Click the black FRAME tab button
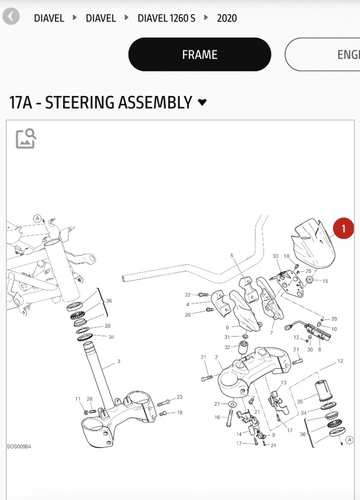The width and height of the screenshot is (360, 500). click(199, 54)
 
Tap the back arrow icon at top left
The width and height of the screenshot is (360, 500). click(11, 16)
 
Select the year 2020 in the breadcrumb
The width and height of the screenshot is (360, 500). click(226, 18)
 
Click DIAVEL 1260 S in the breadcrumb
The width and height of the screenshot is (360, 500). click(166, 18)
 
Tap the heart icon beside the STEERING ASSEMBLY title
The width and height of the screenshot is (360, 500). click(202, 102)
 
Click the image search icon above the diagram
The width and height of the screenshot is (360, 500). click(26, 138)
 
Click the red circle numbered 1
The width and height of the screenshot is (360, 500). click(343, 229)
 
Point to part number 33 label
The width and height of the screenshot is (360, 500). click(275, 256)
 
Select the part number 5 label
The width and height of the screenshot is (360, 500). click(232, 256)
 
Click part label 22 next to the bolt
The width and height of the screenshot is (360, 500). click(187, 294)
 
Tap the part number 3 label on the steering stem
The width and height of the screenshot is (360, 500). click(118, 361)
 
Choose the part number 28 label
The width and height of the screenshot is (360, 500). click(107, 326)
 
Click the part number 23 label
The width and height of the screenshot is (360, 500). click(179, 397)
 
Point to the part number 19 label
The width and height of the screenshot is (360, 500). click(179, 412)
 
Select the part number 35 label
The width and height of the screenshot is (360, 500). click(300, 401)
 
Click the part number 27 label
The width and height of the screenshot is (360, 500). click(217, 403)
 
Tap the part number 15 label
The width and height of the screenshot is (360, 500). click(325, 281)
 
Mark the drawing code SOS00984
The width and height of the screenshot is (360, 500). click(19, 446)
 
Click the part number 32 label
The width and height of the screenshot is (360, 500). click(227, 347)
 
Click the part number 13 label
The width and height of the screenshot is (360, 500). click(283, 382)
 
